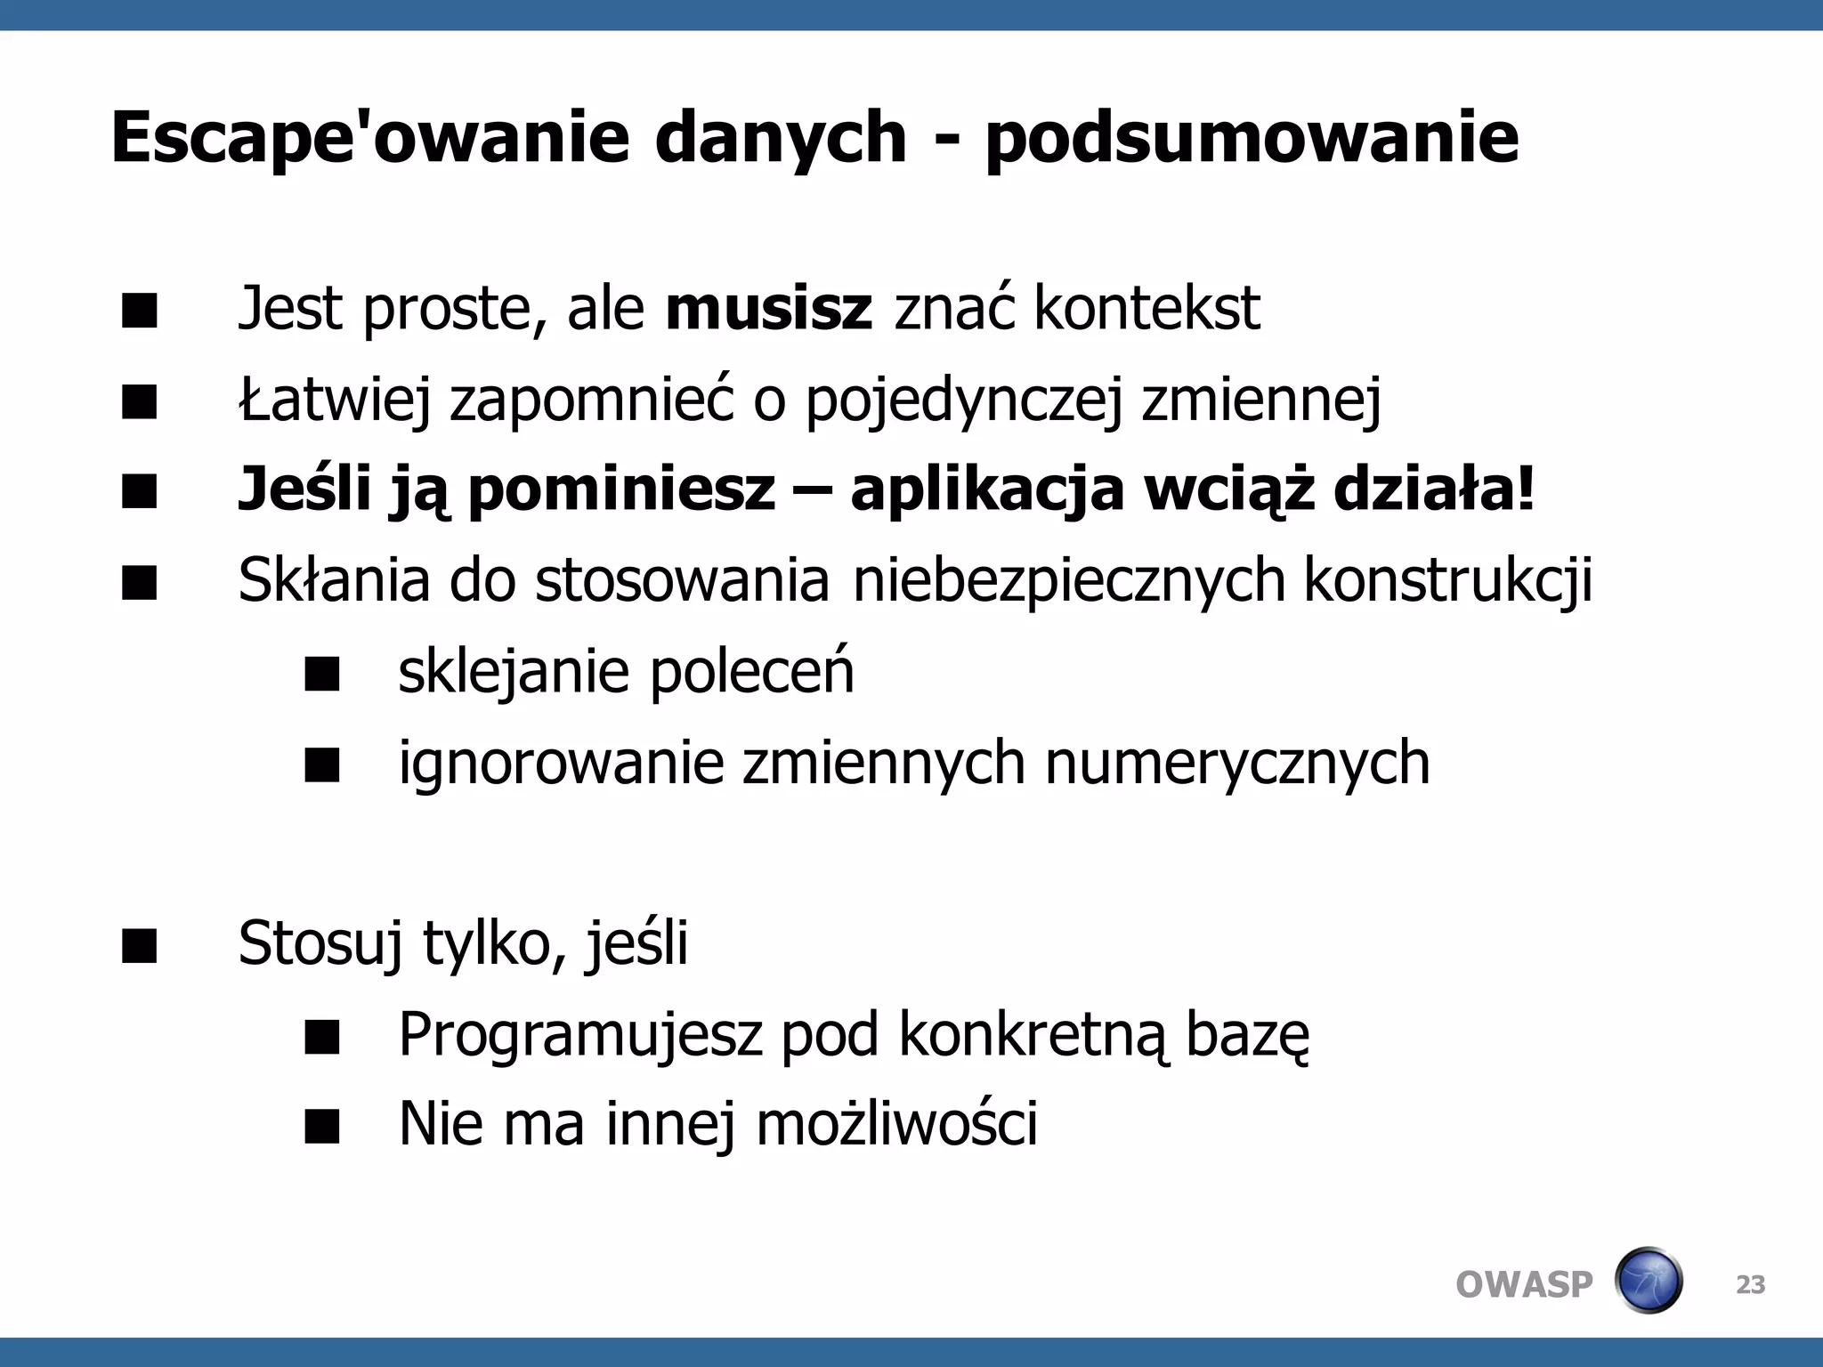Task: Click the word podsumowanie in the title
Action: click(1252, 139)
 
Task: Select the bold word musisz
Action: click(768, 309)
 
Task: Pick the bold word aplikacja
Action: click(987, 490)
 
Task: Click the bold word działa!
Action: click(1434, 490)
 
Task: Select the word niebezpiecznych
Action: click(1069, 581)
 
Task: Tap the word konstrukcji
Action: click(1448, 581)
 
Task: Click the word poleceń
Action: click(751, 672)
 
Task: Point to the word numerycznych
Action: click(1236, 763)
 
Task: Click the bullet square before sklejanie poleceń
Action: click(321, 675)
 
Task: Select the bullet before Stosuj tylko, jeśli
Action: click(140, 946)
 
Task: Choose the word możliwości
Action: click(896, 1125)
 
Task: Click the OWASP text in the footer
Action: click(1524, 1285)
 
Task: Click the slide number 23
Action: click(1750, 1285)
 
